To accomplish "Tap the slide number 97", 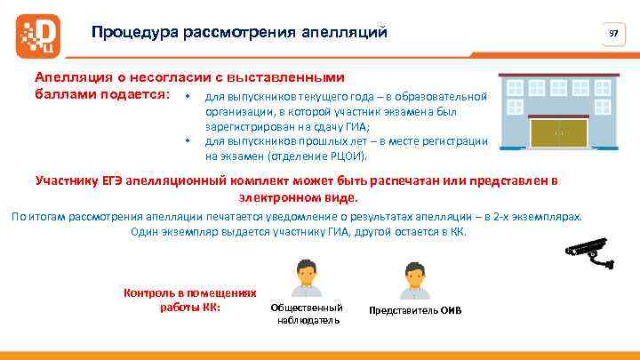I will click(612, 33).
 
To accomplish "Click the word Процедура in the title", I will click(134, 33).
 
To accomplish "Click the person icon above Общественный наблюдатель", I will click(305, 278).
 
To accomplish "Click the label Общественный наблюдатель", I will click(305, 314).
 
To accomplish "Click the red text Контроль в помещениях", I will click(190, 292).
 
